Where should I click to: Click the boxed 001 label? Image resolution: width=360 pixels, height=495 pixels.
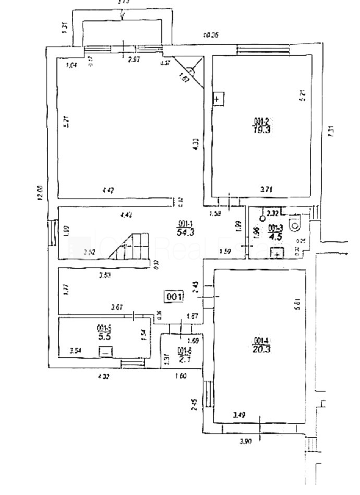174,297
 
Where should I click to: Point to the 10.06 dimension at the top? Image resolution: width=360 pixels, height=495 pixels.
211,36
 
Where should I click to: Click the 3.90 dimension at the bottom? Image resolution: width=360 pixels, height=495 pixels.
246,441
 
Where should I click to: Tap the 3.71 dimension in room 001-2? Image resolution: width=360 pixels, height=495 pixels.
267,190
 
